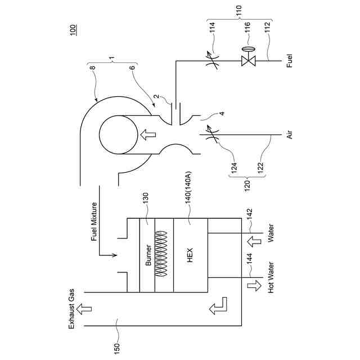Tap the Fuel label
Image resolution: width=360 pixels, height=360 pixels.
point(289,61)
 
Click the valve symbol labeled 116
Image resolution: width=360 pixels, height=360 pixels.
point(246,61)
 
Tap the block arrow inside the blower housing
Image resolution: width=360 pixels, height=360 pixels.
point(148,135)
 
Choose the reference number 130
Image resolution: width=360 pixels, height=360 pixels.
point(145,199)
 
